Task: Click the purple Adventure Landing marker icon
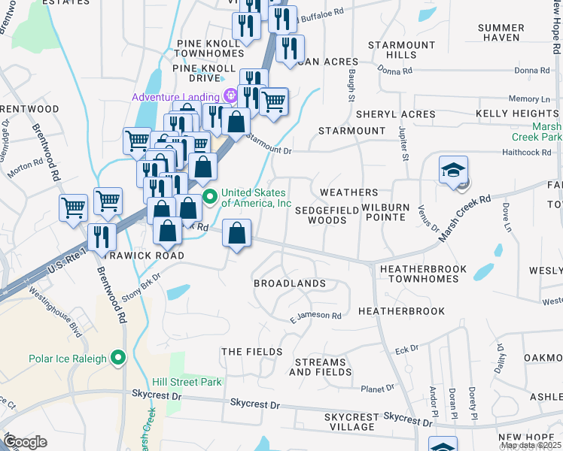230,97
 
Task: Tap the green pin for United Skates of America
211,198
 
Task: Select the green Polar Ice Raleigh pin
117,357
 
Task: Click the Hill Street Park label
187,382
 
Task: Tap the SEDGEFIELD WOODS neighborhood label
321,215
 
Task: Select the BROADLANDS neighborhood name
290,283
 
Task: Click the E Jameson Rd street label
316,317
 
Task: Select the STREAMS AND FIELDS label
319,367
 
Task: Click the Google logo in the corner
24,441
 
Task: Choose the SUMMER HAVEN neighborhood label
501,32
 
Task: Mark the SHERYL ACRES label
385,114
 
